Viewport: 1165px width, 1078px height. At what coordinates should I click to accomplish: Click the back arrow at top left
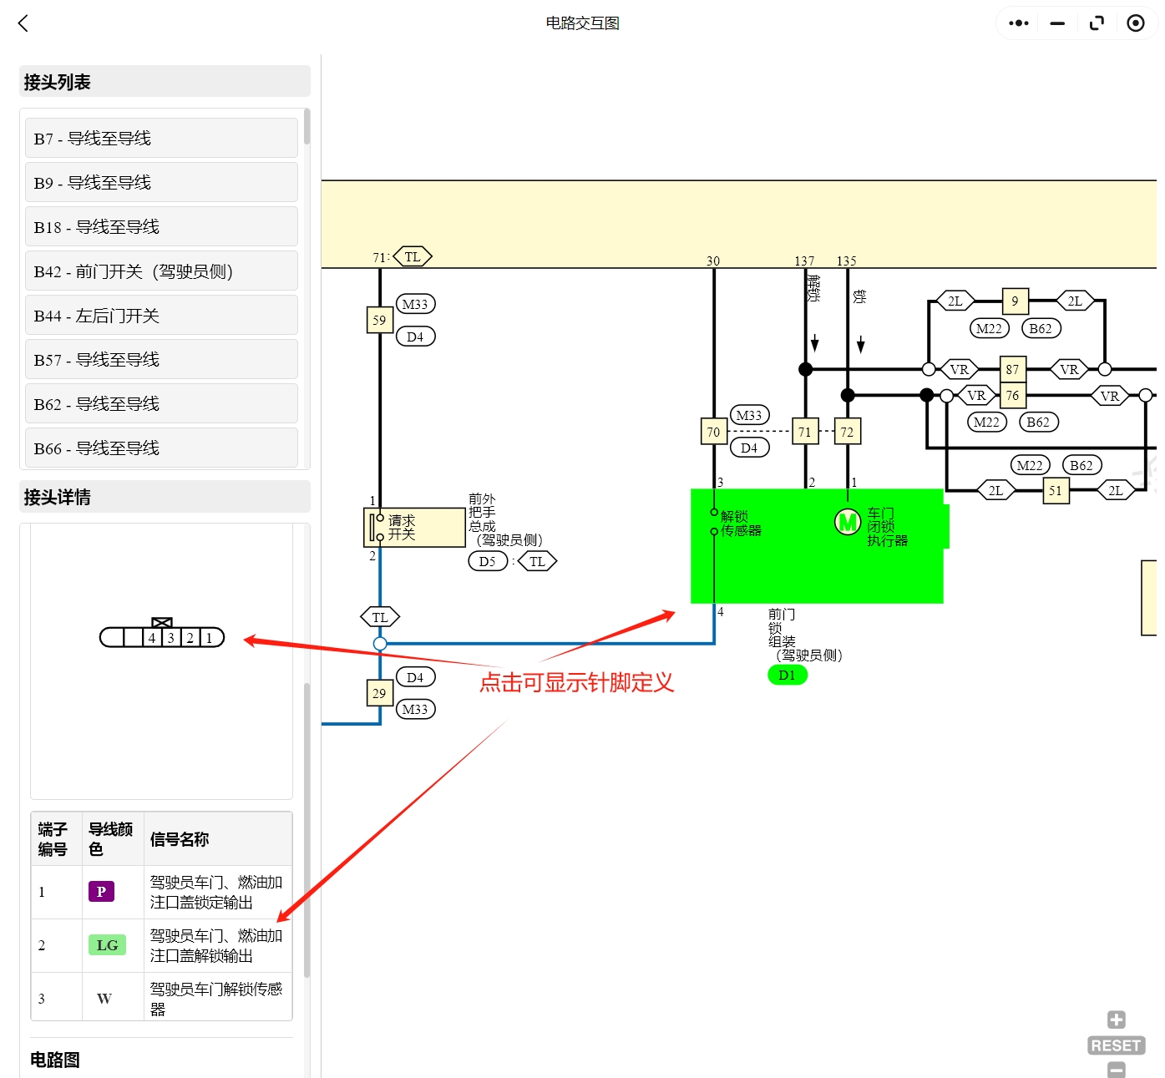(23, 23)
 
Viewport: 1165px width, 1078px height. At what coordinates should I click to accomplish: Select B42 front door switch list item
(161, 271)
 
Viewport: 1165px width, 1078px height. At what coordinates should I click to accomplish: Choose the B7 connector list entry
(161, 139)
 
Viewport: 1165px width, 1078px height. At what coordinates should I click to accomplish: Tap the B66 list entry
(161, 448)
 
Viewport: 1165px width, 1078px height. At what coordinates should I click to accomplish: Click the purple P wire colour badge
(101, 892)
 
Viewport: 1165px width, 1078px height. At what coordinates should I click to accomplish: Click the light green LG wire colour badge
(107, 945)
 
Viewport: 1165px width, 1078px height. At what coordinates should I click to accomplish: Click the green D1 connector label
(787, 675)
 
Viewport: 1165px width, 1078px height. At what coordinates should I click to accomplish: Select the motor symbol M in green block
(848, 523)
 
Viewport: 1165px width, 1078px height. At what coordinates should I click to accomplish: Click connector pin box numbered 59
(379, 320)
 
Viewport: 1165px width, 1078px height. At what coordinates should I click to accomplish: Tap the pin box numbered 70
(713, 432)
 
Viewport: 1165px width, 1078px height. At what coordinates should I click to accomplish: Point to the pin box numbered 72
(847, 432)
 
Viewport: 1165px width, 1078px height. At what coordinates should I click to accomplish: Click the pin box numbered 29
(379, 693)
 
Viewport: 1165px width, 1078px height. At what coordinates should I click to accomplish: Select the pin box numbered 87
(1012, 369)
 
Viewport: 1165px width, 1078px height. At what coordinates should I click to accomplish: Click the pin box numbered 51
(1056, 490)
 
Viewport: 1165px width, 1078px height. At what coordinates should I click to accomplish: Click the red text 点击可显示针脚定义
(576, 683)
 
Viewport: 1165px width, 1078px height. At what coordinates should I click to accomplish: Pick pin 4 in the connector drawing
(152, 638)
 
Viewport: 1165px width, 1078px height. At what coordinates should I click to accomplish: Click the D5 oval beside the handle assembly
(487, 561)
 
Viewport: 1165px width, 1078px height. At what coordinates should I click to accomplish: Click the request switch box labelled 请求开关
(415, 528)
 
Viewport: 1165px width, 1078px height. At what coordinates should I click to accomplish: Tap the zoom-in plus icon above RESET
(1116, 1020)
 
